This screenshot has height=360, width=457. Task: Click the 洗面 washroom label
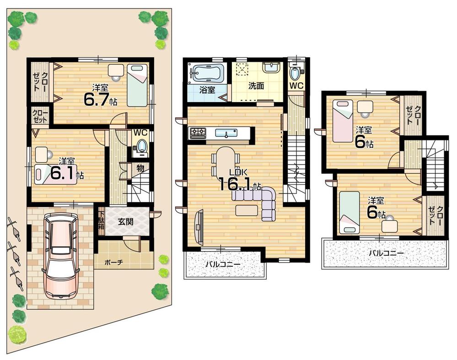point(257,85)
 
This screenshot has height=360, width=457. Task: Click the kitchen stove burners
point(198,133)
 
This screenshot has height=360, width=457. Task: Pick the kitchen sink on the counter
point(226,133)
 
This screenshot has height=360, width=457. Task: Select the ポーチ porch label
point(113,263)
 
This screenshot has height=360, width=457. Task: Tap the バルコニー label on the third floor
point(386,253)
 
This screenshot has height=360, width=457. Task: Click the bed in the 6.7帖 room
point(137,86)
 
